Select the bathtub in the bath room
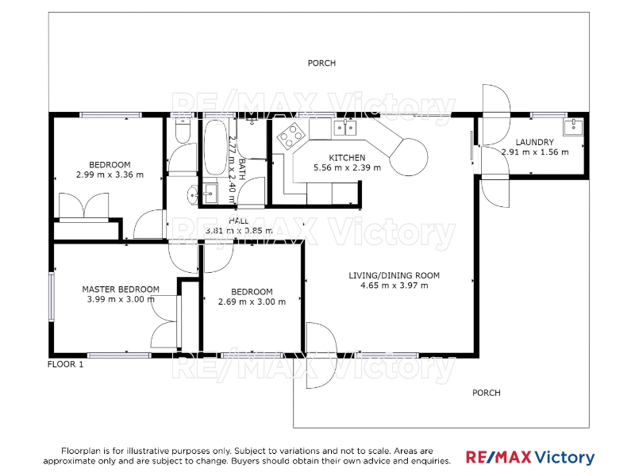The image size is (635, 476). tap(215, 148)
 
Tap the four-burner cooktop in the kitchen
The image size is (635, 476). tap(291, 136)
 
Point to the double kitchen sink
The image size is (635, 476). tap(345, 128)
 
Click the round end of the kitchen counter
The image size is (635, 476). tap(409, 157)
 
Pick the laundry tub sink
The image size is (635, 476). tap(573, 127)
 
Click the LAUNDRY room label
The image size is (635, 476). tap(534, 142)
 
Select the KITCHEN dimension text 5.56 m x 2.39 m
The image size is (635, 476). tap(347, 167)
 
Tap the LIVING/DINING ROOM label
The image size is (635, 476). tap(394, 275)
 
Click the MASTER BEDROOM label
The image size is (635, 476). tap(121, 290)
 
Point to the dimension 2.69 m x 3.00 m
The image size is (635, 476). tap(252, 302)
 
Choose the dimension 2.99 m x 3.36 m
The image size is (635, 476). tap(110, 175)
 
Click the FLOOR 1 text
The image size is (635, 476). tap(65, 364)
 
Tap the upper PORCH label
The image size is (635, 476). tap(321, 63)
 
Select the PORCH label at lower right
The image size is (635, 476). tap(487, 393)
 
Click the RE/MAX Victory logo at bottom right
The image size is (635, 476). tap(530, 458)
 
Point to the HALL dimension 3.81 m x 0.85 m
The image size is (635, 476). tap(239, 231)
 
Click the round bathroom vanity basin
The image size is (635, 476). tap(193, 195)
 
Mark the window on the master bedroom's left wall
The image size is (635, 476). tap(52, 297)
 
